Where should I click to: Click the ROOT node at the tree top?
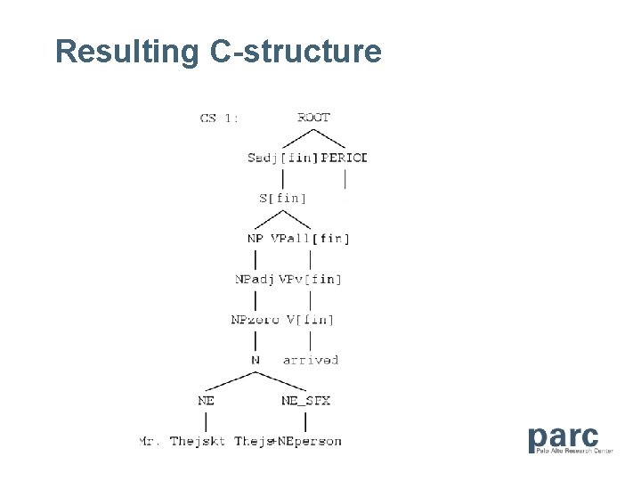tap(313, 117)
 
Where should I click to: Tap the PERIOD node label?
tap(344, 158)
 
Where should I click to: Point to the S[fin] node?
tap(283, 198)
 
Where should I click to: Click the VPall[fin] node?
tap(311, 238)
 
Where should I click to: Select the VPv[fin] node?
tap(311, 279)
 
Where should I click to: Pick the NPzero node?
tap(256, 319)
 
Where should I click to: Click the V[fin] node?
tap(311, 319)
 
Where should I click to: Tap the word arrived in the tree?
tap(311, 360)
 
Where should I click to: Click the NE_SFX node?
tap(305, 401)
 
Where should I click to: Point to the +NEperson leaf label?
tap(309, 441)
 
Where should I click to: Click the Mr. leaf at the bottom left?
tap(150, 441)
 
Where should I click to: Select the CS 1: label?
tap(219, 118)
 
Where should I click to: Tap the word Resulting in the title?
tap(127, 52)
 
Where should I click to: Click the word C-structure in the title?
tap(296, 52)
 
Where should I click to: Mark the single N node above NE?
tap(256, 360)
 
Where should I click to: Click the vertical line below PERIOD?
tap(345, 178)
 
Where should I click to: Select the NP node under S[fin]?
tap(256, 238)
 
